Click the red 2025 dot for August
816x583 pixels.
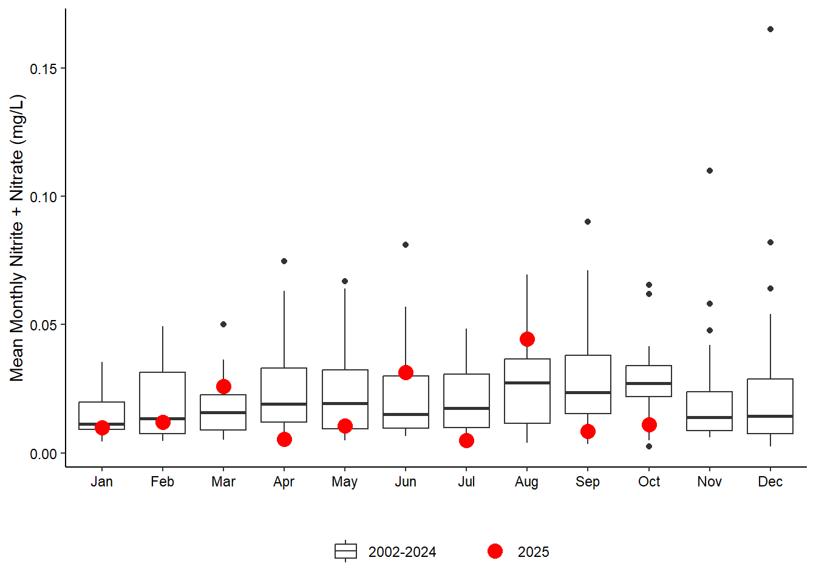527,339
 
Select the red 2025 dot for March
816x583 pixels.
223,387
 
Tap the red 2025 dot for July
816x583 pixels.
466,440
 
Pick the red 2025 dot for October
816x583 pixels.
649,424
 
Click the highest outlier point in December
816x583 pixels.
770,29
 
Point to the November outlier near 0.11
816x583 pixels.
710,171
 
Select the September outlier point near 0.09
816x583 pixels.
588,222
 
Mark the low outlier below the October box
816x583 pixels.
649,446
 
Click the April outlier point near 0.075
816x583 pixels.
284,261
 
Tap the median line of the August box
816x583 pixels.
527,383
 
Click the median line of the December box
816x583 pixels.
770,416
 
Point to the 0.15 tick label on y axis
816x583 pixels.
43,69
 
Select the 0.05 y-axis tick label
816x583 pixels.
43,325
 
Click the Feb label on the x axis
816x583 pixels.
163,482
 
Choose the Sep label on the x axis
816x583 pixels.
588,482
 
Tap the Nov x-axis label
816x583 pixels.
710,482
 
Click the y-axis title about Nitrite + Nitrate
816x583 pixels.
16,238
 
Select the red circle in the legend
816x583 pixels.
495,551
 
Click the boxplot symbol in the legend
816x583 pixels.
345,551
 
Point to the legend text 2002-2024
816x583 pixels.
402,552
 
